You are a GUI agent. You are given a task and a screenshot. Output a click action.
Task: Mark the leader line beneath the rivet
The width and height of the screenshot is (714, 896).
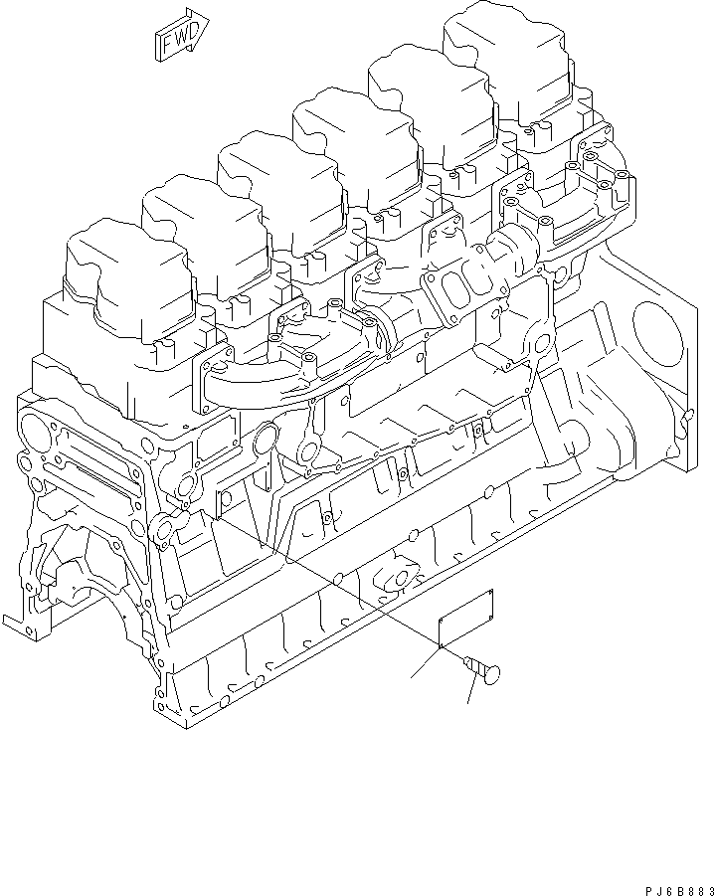click(470, 691)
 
